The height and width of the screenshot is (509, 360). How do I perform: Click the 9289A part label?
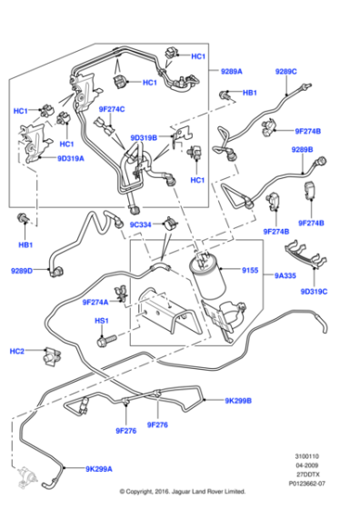232,70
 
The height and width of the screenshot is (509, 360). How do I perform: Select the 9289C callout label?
286,70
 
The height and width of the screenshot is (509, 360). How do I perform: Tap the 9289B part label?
302,150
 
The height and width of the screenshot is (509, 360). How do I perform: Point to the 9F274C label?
111,109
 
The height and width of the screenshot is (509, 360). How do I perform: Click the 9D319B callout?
145,138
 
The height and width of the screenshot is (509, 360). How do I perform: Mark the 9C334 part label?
140,224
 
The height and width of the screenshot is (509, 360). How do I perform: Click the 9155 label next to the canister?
250,270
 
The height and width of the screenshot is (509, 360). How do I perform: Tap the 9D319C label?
313,291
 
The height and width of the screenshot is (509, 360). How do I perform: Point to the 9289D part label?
22,270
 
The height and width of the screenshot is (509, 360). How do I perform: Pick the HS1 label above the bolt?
102,321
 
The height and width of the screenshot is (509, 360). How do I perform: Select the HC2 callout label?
16,351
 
